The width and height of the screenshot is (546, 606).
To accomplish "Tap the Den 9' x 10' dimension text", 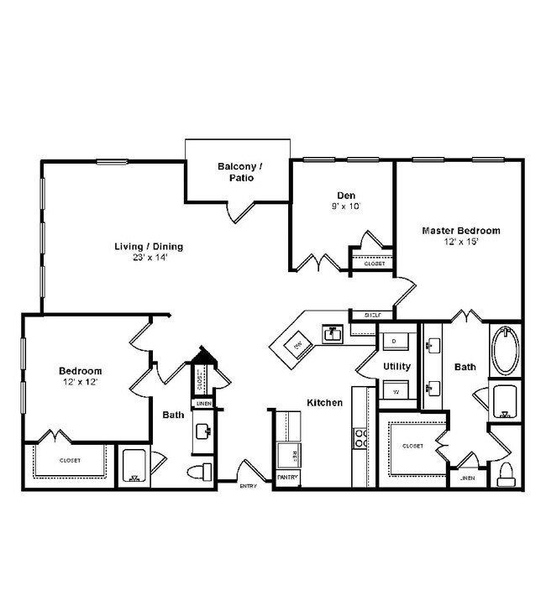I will point(345,205).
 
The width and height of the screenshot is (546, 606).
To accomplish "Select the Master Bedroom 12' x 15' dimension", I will point(460,242).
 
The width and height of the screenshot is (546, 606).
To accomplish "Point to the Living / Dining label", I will point(149,247).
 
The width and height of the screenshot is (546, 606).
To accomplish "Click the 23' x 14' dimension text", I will point(149,258).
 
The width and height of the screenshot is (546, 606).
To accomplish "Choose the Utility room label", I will point(396,367).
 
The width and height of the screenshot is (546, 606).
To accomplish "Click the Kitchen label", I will point(324,403).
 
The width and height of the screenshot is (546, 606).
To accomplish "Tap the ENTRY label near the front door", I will point(249,486).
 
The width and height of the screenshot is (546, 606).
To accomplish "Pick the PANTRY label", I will point(287,477).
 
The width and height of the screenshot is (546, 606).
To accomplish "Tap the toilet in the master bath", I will point(506,475).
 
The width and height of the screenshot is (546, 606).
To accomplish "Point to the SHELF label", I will point(362,315).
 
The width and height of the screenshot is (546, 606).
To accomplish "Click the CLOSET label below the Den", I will point(374,264).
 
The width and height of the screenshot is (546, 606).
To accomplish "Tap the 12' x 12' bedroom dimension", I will point(81,383).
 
